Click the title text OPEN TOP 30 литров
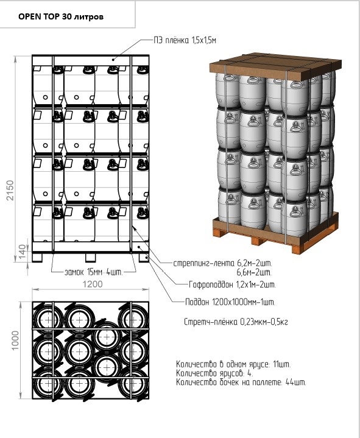coord(61,17)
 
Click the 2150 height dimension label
coord(10,190)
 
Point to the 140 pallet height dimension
coord(23,252)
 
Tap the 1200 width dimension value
coord(93,284)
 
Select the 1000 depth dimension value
coord(15,341)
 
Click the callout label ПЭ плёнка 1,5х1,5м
coord(185,40)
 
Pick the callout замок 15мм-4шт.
coord(94,272)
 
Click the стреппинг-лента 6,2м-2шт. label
coord(222,263)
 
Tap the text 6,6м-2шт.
coord(254,272)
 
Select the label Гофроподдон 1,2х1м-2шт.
coord(232,285)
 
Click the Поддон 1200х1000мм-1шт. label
coord(230,302)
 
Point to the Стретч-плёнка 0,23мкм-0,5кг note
coord(236,322)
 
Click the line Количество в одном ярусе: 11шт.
coord(233,364)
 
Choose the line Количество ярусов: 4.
coord(215,373)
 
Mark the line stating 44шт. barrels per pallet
coord(241,382)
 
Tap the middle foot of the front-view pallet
coord(91,258)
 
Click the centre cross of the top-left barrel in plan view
coord(49,319)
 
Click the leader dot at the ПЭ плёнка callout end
coord(113,59)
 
